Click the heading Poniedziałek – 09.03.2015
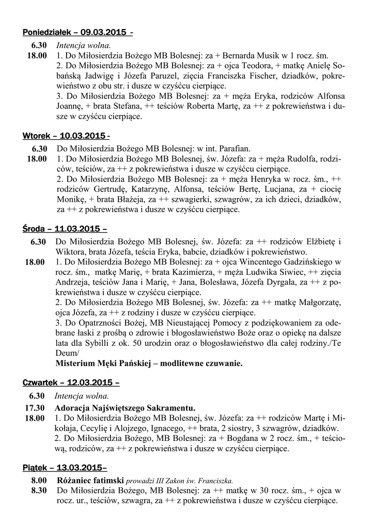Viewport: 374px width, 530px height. (77, 33)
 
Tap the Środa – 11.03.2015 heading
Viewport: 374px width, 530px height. (65, 229)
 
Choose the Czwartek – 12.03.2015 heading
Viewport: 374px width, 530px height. (71, 383)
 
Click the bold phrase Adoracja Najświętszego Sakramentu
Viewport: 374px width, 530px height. (126, 408)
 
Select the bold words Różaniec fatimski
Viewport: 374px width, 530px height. (90, 480)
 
